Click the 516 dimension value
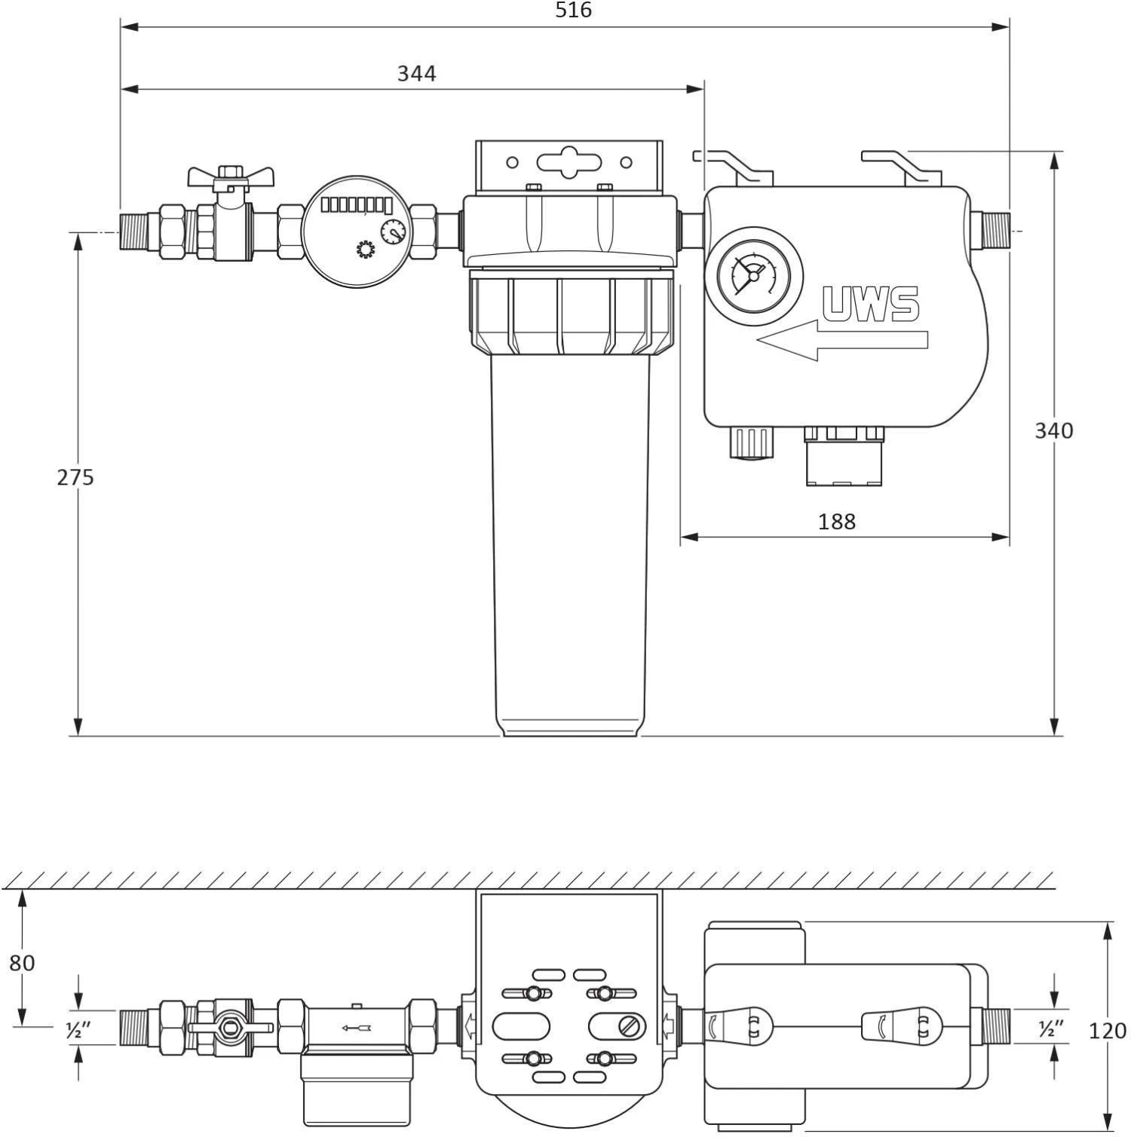coord(574,10)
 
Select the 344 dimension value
coord(417,73)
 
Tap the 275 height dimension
coord(75,477)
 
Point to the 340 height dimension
coord(1053,431)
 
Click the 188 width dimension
coord(837,521)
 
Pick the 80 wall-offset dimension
coord(22,963)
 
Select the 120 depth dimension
coord(1108,1030)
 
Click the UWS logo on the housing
coord(871,304)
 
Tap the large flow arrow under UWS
coord(842,340)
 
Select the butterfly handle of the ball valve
coord(231,176)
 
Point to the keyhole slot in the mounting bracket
coord(570,162)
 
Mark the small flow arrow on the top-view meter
coord(356,1027)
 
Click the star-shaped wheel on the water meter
coord(366,250)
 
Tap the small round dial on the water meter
coord(392,231)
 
